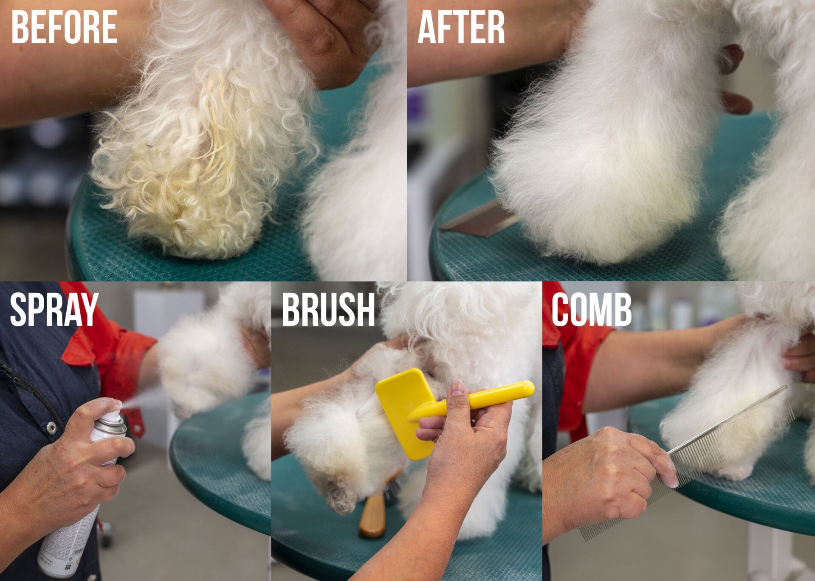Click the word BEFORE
click(64, 27)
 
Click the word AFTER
click(461, 27)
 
